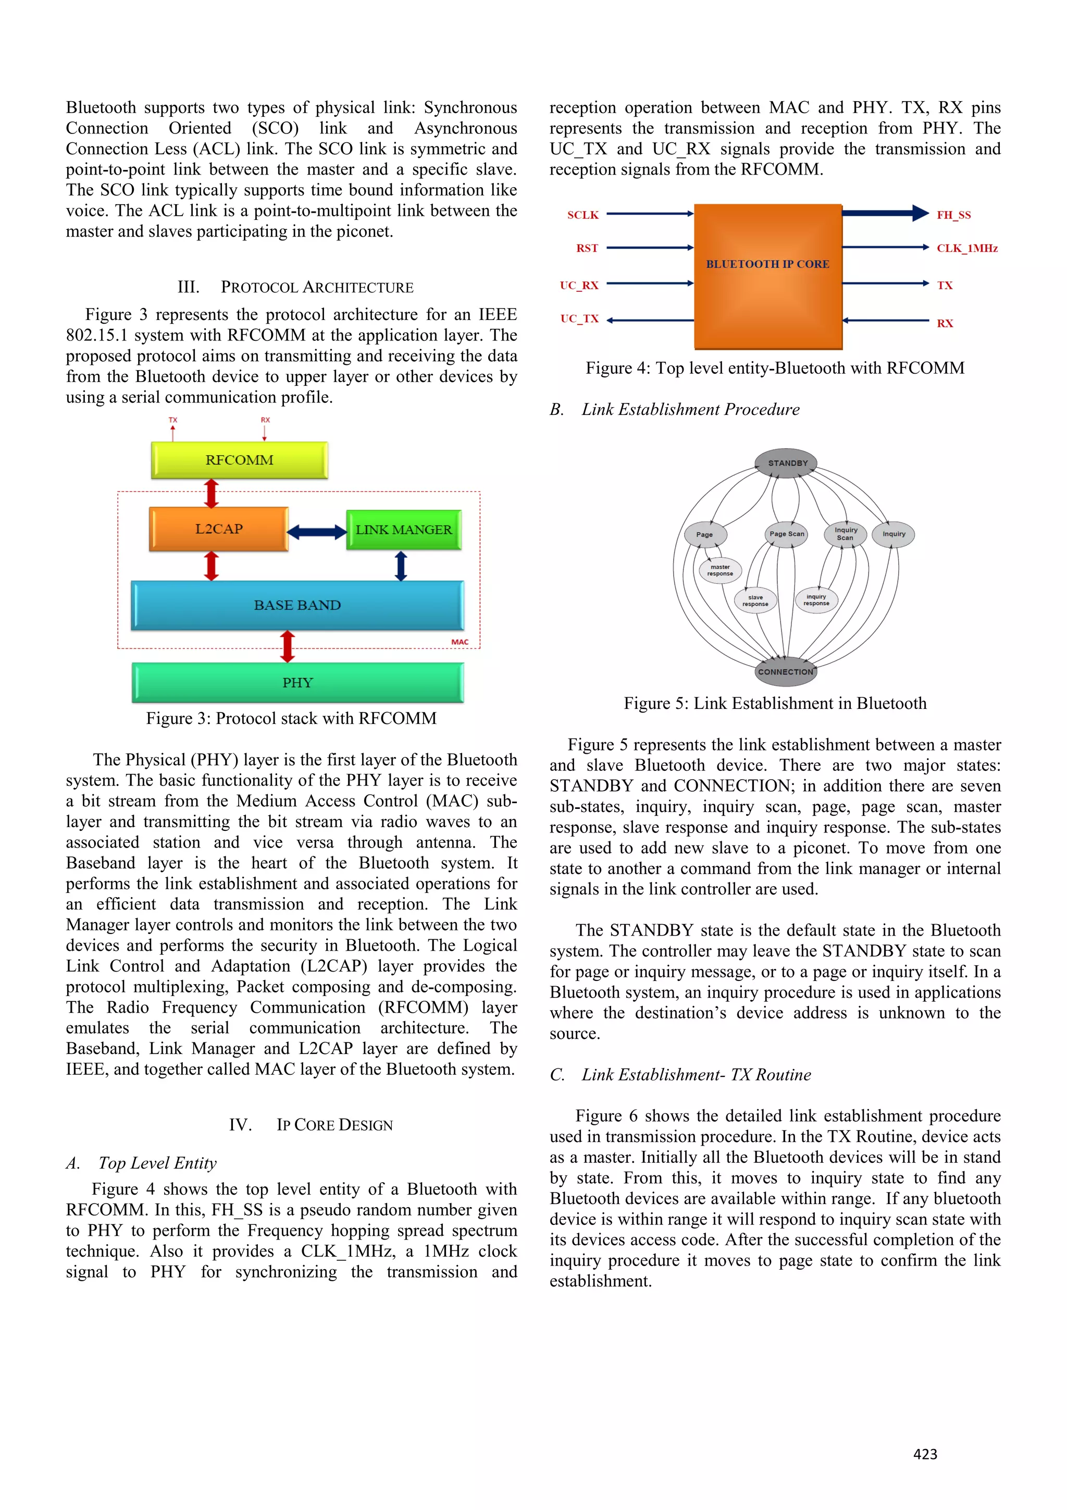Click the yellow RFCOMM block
pyautogui.click(x=239, y=460)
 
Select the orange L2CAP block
pyautogui.click(x=218, y=529)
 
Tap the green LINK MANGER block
pyautogui.click(x=404, y=530)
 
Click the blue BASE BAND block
pyautogui.click(x=297, y=605)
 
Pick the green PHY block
pyautogui.click(x=297, y=683)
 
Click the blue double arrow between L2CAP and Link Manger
pyautogui.click(x=317, y=532)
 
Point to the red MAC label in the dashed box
pyautogui.click(x=460, y=642)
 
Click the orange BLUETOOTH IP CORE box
pyautogui.click(x=768, y=276)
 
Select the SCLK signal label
pyautogui.click(x=582, y=215)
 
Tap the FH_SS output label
pyautogui.click(x=953, y=215)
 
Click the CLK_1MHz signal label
pyautogui.click(x=966, y=248)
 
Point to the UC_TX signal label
pyautogui.click(x=579, y=319)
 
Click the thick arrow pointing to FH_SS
pyautogui.click(x=884, y=213)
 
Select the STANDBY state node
pyautogui.click(x=787, y=463)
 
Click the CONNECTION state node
pyautogui.click(x=785, y=671)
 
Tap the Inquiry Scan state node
pyautogui.click(x=846, y=534)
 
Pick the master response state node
pyautogui.click(x=720, y=570)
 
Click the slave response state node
pyautogui.click(x=755, y=600)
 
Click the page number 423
pyautogui.click(x=925, y=1454)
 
